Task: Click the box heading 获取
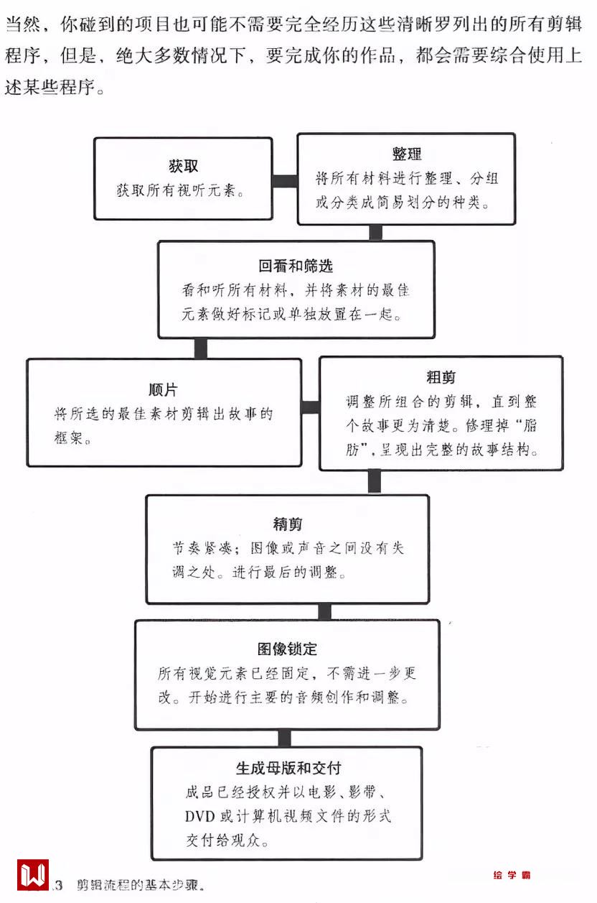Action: [184, 167]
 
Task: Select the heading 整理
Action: [406, 154]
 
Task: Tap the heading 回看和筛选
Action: [296, 267]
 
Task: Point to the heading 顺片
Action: [164, 390]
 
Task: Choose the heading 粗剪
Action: [441, 377]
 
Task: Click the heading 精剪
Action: [287, 524]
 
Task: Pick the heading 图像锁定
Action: [287, 649]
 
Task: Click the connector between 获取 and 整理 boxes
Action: [285, 180]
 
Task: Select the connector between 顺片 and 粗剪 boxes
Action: [310, 407]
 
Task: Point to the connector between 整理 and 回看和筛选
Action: [375, 232]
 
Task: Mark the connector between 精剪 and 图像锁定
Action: [324, 611]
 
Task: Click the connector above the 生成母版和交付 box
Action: [285, 738]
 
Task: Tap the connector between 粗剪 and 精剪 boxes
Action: [374, 481]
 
